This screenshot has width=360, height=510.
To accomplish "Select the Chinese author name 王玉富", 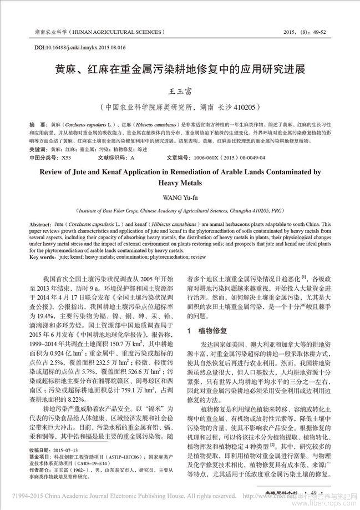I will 180,91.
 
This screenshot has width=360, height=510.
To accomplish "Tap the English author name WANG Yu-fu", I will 180,195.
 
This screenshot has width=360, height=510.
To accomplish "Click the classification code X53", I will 65,158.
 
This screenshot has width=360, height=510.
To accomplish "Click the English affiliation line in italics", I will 180,211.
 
